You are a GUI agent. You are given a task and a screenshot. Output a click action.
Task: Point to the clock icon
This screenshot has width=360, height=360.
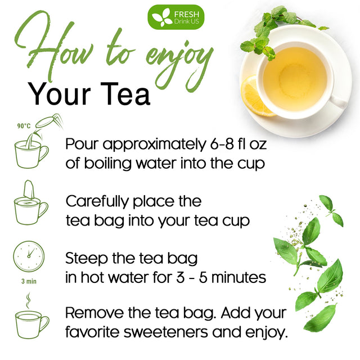28,257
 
